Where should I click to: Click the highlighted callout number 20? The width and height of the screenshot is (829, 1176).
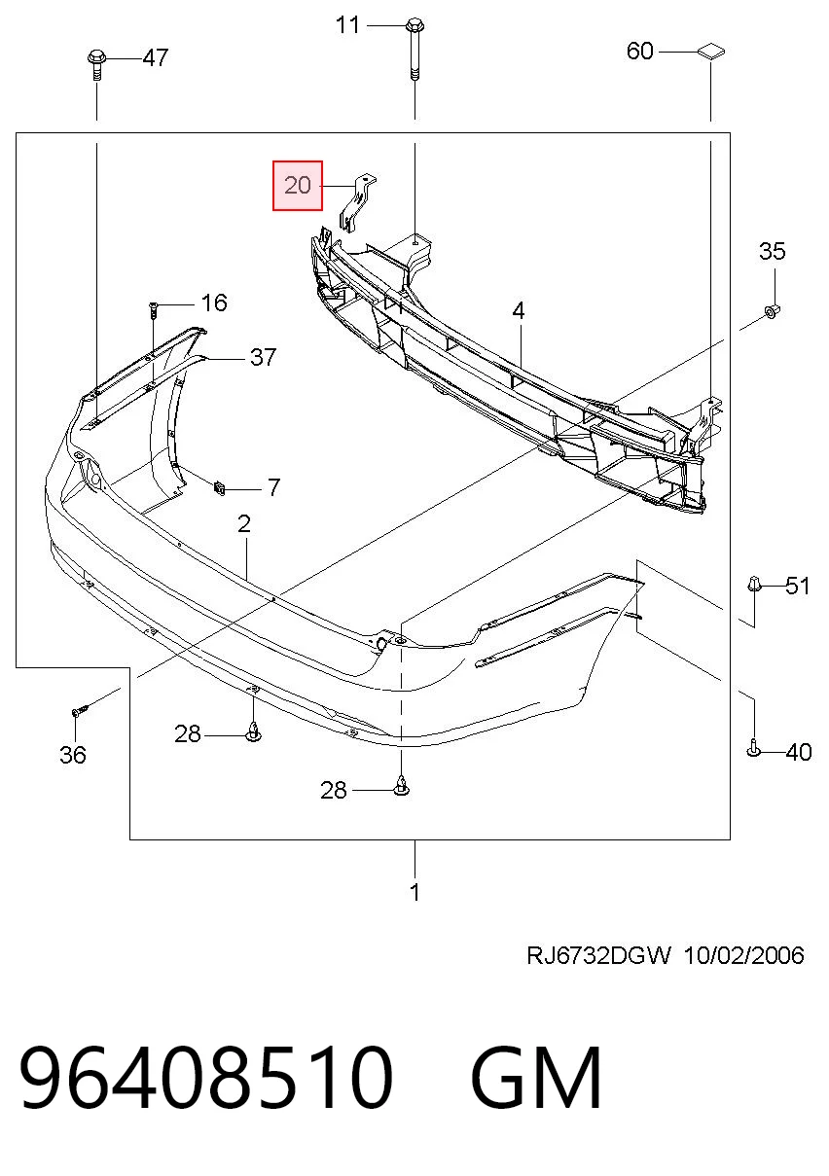point(297,186)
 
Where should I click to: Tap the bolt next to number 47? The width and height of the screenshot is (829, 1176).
point(96,64)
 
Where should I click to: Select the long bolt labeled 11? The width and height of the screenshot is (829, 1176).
point(414,50)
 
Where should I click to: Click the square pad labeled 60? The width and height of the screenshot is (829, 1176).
point(711,52)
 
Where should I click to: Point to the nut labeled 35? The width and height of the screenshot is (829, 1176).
point(772,312)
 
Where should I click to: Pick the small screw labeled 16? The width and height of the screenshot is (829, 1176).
point(153,309)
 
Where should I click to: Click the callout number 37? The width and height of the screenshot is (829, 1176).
point(263,358)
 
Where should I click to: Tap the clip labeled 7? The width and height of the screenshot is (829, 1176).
point(219,488)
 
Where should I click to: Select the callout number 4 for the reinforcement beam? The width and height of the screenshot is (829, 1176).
point(519,311)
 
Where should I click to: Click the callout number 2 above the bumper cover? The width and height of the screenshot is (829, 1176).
point(244,524)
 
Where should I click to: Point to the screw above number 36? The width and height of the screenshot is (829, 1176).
point(79,711)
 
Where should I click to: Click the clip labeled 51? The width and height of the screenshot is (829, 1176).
point(754,584)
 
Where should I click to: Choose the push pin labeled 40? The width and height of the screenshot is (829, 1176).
point(753,749)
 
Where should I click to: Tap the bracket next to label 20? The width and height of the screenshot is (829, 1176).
point(357,201)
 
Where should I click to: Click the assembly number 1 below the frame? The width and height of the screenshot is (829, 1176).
point(414,893)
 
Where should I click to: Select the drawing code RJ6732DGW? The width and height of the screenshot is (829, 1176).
point(598,955)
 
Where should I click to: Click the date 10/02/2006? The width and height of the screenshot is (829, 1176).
point(744,955)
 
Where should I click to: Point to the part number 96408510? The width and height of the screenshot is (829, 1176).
point(206,1078)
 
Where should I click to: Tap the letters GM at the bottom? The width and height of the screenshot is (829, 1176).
point(536,1078)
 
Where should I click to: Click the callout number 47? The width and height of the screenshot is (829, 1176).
point(156,57)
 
